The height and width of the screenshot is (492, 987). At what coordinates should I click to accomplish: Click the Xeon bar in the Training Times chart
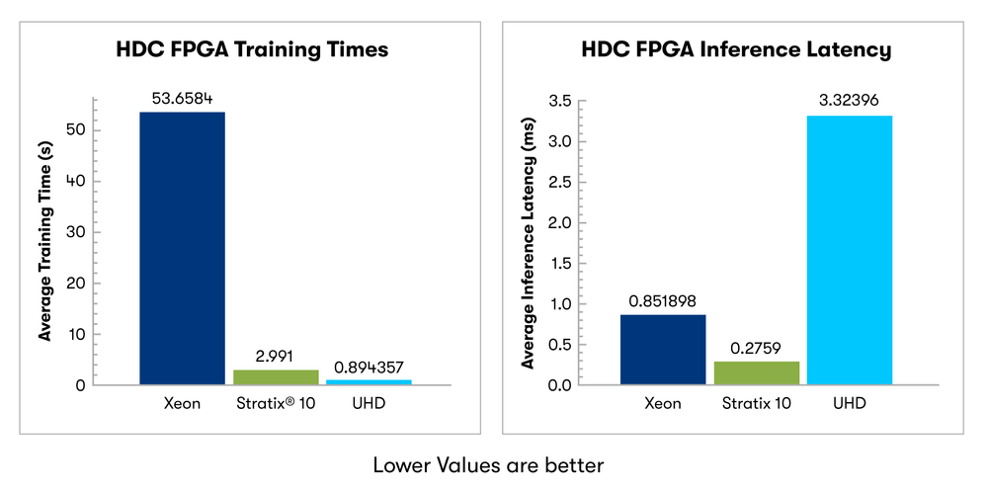pyautogui.click(x=182, y=247)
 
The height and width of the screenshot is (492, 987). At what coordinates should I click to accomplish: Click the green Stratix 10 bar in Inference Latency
pyautogui.click(x=757, y=372)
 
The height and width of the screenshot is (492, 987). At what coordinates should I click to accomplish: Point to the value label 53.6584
pyautogui.click(x=182, y=98)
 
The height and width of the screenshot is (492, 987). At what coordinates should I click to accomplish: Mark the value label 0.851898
pyautogui.click(x=662, y=300)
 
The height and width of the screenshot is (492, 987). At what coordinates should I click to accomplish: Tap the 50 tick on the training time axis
pyautogui.click(x=76, y=130)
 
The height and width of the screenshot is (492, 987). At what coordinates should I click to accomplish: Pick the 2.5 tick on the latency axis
pyautogui.click(x=559, y=182)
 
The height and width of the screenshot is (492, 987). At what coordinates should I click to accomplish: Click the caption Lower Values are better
pyautogui.click(x=487, y=463)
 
